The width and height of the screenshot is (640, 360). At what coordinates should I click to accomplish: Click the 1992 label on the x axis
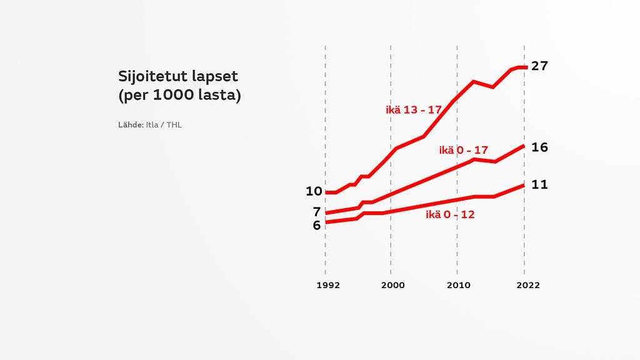328,285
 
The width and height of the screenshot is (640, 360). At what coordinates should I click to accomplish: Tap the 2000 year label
392,285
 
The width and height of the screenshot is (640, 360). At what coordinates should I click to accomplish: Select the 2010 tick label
459,285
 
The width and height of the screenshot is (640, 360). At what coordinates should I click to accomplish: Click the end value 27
539,66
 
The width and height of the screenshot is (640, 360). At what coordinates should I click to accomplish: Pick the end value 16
539,147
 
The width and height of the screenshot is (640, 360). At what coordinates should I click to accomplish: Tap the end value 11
539,185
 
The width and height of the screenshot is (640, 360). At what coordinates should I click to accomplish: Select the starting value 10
314,191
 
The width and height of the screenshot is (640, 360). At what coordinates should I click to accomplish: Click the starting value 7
317,211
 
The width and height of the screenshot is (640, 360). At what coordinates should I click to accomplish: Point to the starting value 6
317,225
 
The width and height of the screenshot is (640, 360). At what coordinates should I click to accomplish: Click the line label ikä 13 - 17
414,110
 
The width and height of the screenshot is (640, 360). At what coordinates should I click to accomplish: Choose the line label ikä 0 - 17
463,150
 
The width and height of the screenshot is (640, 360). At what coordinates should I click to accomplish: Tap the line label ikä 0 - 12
451,215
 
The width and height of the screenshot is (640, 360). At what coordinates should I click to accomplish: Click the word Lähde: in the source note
131,125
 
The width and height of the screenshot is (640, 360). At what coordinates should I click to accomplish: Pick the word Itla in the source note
152,125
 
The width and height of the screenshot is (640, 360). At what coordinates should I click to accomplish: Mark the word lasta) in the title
219,96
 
